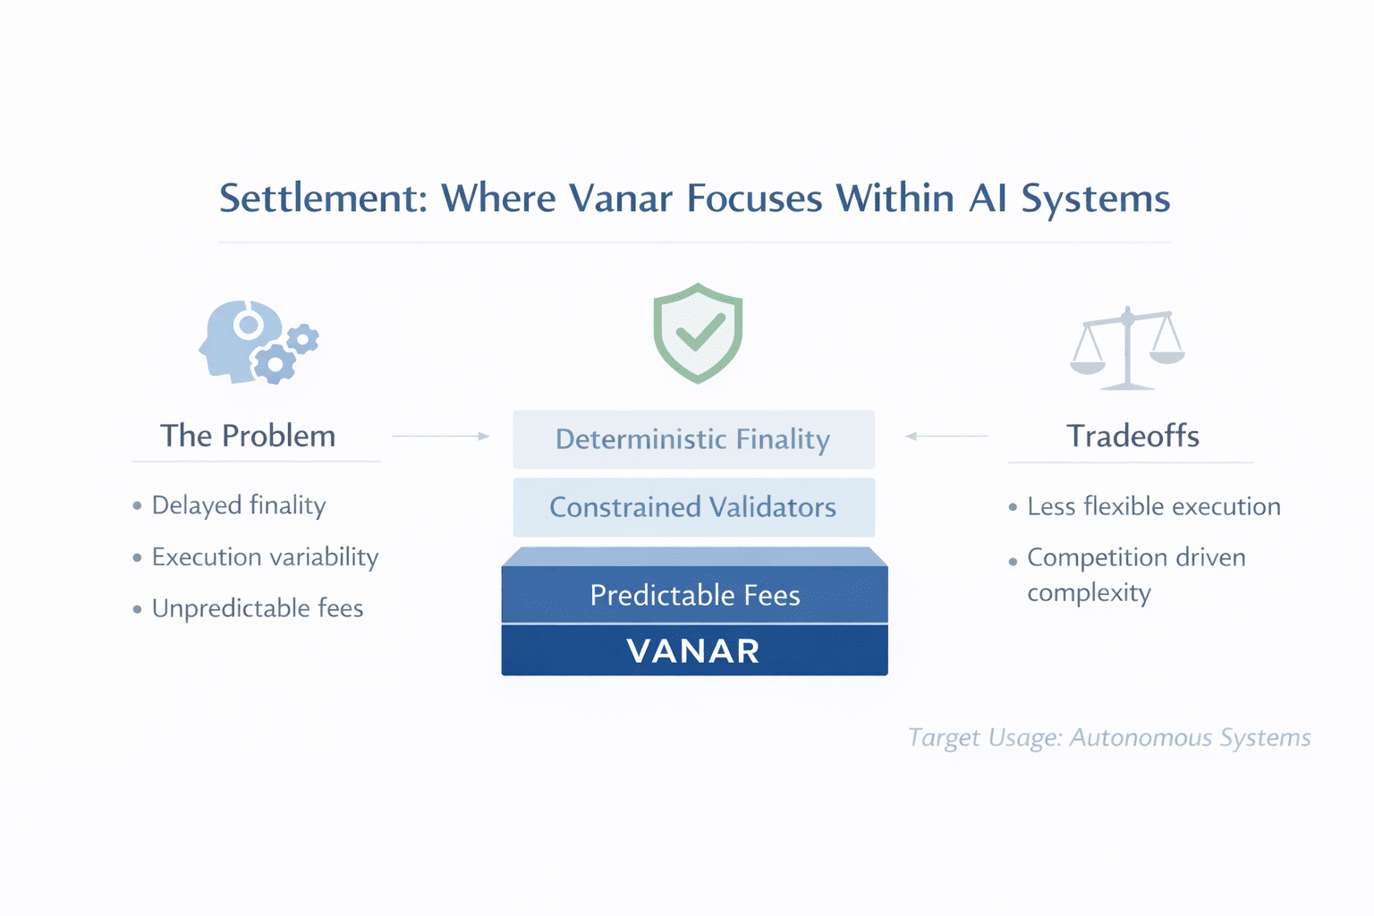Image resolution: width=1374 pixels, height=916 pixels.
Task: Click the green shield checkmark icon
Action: click(x=698, y=333)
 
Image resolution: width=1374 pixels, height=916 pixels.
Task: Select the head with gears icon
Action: click(x=258, y=342)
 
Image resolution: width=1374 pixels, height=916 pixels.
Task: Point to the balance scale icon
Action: click(x=1128, y=349)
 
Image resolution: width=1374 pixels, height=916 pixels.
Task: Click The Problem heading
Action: click(x=248, y=436)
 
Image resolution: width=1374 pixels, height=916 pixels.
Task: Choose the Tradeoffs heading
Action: click(x=1132, y=436)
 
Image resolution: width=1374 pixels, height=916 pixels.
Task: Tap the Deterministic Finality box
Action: click(x=693, y=439)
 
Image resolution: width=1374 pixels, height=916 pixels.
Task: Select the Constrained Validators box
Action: click(x=693, y=507)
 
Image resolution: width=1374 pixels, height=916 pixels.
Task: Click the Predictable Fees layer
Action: click(x=695, y=595)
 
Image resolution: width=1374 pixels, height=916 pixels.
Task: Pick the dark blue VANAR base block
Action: click(x=694, y=650)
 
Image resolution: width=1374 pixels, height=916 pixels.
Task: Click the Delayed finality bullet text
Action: click(x=238, y=505)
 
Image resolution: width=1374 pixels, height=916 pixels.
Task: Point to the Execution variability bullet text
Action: click(x=265, y=557)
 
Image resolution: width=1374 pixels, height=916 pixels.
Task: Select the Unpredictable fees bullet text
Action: click(x=258, y=608)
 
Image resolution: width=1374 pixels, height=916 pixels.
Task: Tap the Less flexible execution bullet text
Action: click(x=1153, y=506)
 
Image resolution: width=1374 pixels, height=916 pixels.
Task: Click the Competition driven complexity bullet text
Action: click(x=1135, y=574)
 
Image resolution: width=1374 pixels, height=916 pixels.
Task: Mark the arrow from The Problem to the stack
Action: click(x=442, y=436)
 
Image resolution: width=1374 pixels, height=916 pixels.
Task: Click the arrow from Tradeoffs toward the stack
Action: click(x=946, y=436)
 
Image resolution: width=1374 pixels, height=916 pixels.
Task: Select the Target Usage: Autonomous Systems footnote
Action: click(x=1109, y=738)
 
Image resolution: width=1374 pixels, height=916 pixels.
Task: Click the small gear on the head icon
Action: click(x=302, y=339)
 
